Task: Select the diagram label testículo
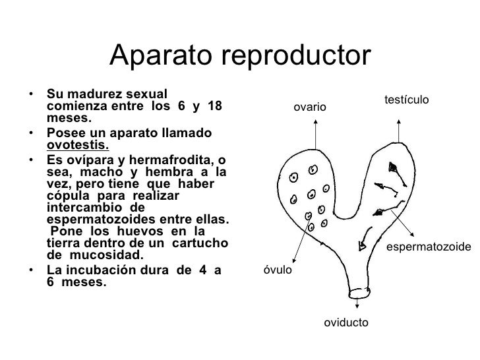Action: click(406, 99)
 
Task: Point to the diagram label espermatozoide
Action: click(429, 247)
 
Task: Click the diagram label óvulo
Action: click(277, 270)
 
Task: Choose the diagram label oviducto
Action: click(346, 322)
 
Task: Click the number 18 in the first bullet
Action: click(214, 107)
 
